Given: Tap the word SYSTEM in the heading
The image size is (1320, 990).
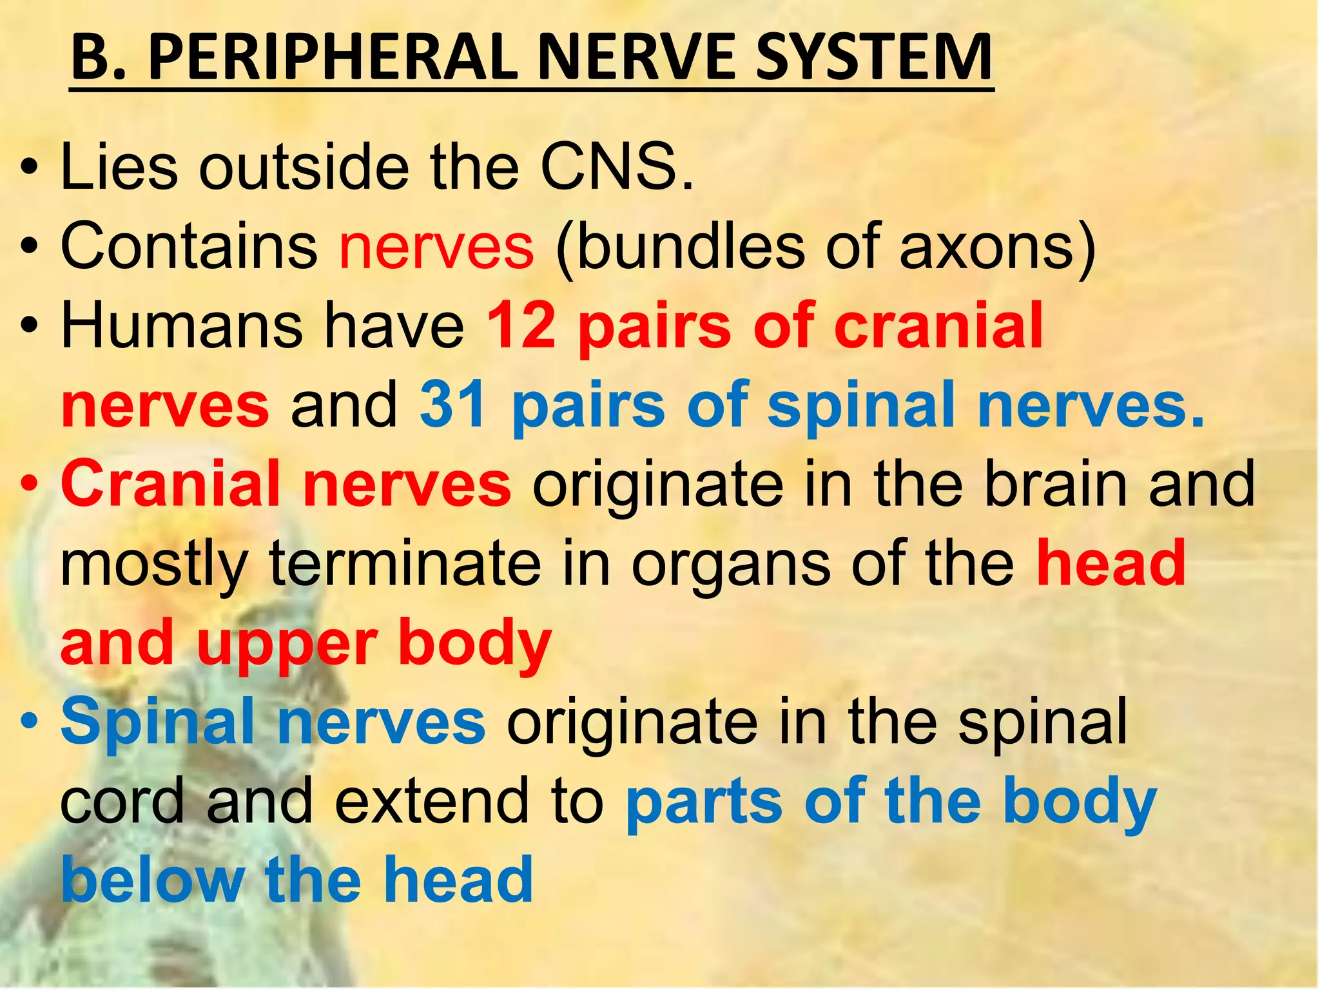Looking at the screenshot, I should tap(873, 59).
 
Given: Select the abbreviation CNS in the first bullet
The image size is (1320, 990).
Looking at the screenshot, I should tap(617, 168).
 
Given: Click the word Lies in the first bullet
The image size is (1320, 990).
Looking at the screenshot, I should tap(119, 168).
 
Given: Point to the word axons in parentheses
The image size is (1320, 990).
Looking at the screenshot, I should tap(986, 247).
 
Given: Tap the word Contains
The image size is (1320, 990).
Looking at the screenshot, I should tap(189, 247).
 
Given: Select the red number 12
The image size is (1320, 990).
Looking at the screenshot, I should tap(521, 326).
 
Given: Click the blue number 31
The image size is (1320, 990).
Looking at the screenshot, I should tap(453, 405).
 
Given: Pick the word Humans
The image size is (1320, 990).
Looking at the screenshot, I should tap(181, 326).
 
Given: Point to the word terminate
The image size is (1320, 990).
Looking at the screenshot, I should tap(405, 563).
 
